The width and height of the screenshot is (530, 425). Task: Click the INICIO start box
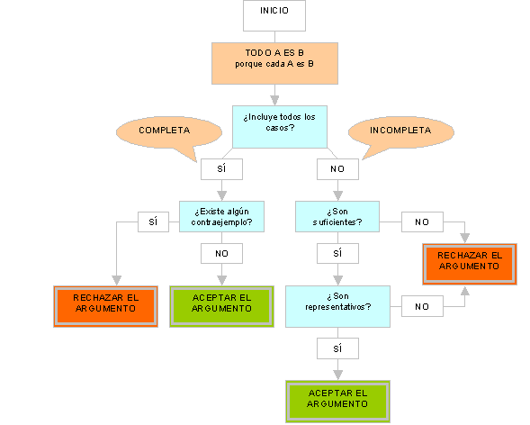click(x=274, y=15)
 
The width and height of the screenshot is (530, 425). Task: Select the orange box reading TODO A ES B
click(x=274, y=64)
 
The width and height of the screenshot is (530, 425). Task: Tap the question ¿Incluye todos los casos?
click(x=280, y=127)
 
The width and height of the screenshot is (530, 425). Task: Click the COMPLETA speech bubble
click(x=169, y=132)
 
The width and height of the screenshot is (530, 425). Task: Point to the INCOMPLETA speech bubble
click(x=401, y=132)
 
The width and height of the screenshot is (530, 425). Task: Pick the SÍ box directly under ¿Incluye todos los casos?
click(x=221, y=169)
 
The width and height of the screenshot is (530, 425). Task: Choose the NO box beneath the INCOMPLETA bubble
click(x=337, y=169)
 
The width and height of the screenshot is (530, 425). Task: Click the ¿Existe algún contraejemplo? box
click(x=221, y=217)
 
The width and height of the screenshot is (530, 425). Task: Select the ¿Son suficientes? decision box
click(x=337, y=217)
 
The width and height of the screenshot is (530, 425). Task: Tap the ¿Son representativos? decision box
click(x=337, y=307)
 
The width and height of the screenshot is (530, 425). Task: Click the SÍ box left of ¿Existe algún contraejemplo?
click(x=153, y=222)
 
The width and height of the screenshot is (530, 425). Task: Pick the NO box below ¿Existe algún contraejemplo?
click(x=221, y=254)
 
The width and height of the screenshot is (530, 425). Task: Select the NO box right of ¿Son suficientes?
click(x=422, y=222)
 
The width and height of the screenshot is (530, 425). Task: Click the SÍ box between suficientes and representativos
click(x=337, y=254)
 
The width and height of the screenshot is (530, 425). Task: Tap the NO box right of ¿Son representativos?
click(x=422, y=306)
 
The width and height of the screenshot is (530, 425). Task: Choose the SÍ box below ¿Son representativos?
click(x=337, y=348)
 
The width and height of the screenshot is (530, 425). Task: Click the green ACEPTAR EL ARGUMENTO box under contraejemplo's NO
click(x=221, y=307)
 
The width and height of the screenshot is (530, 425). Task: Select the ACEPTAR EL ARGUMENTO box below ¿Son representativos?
click(x=337, y=402)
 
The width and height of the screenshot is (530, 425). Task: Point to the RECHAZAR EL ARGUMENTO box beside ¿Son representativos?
click(x=470, y=264)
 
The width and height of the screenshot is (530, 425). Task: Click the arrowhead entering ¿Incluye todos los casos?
click(x=274, y=101)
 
